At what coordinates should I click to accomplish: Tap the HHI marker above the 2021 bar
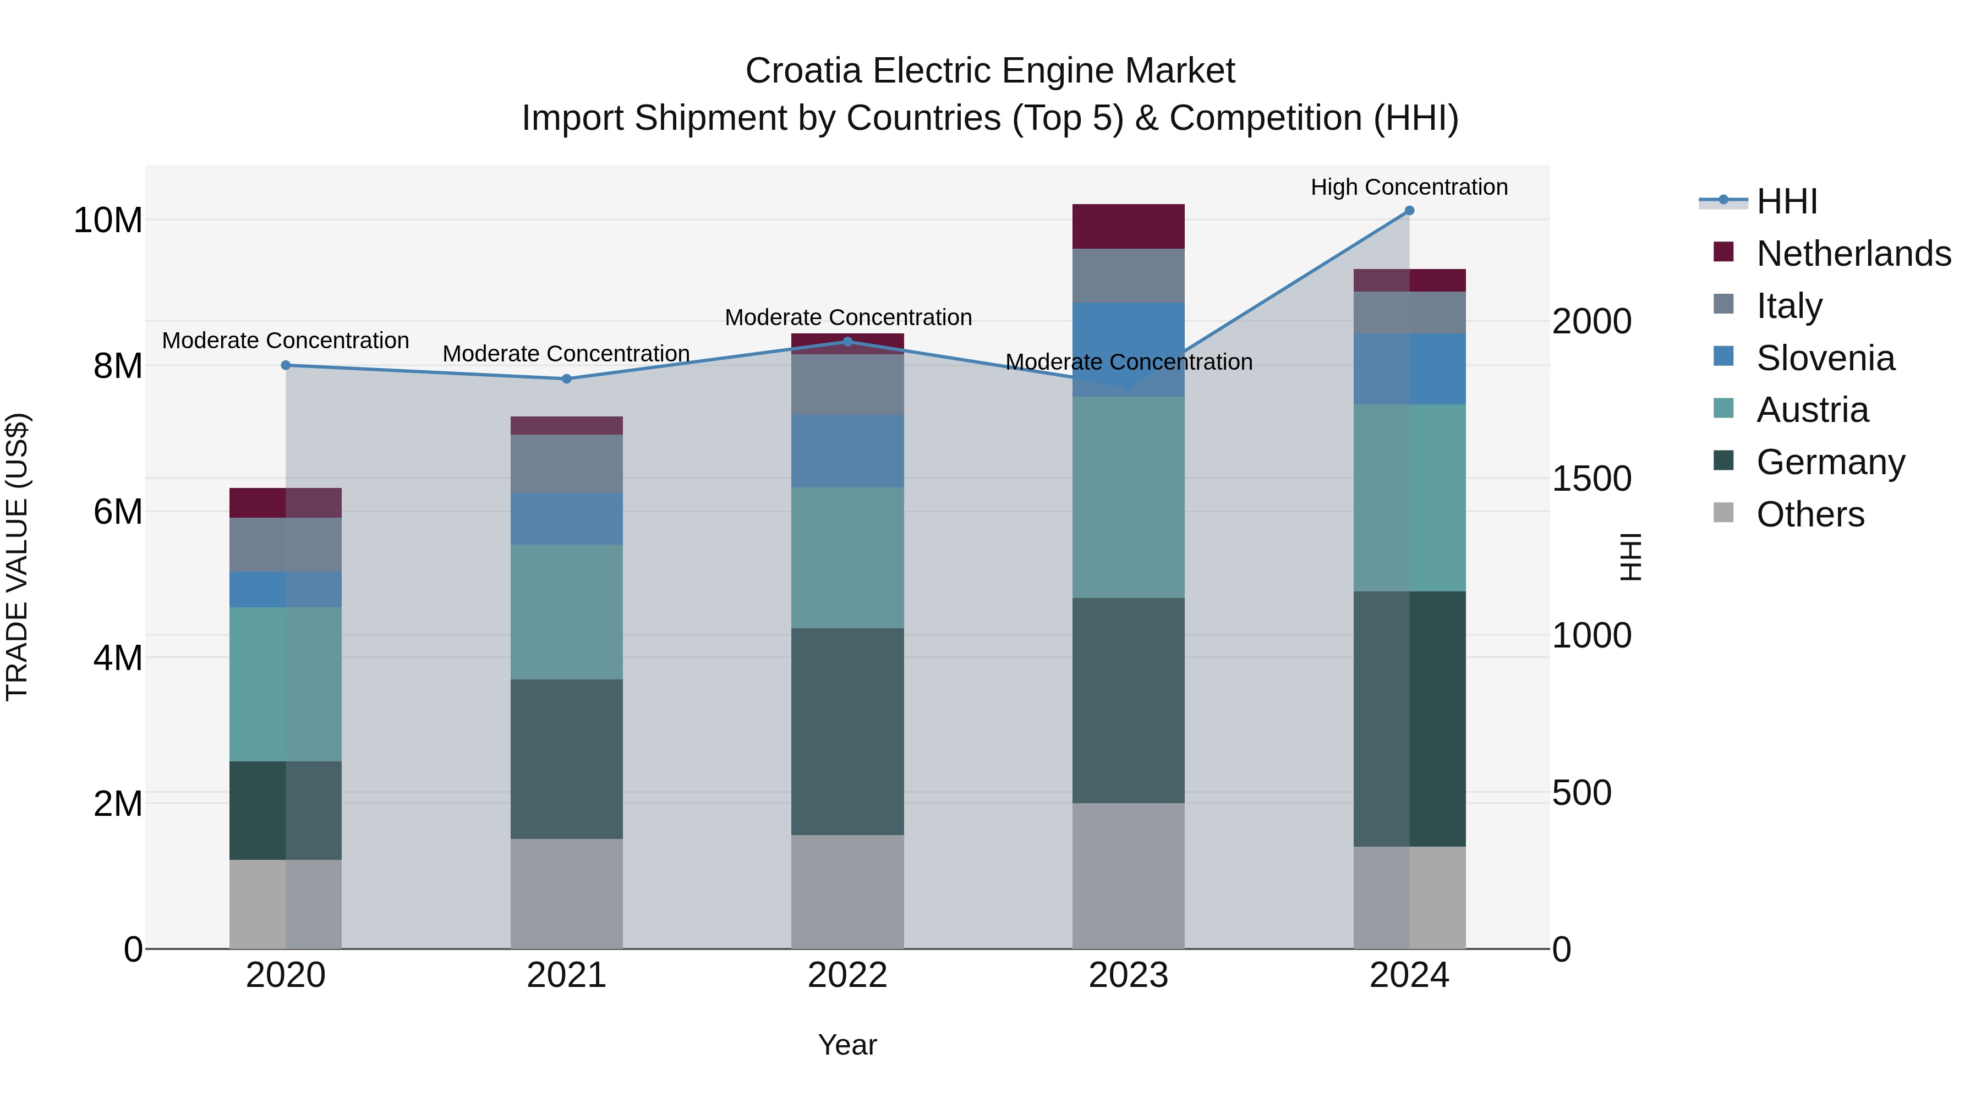pos(567,378)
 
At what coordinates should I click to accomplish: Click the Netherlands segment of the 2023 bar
pos(1128,226)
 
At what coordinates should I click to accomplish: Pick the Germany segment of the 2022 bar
pos(847,731)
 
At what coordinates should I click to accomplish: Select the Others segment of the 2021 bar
pos(567,893)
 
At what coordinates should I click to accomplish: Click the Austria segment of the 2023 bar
pos(1128,497)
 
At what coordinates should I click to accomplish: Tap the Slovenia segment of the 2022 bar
pos(847,451)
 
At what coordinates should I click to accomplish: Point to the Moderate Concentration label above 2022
pos(847,317)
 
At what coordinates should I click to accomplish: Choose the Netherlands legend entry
pos(1853,254)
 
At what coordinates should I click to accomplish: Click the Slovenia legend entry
pos(1826,358)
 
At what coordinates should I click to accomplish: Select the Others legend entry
pos(1810,514)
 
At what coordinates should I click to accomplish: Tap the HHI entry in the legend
pos(1786,201)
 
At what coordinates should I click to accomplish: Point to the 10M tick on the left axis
pos(108,221)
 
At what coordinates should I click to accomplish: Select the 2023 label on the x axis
pos(1128,975)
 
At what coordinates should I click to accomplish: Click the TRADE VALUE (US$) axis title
pos(17,557)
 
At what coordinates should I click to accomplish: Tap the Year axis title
pos(847,1045)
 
